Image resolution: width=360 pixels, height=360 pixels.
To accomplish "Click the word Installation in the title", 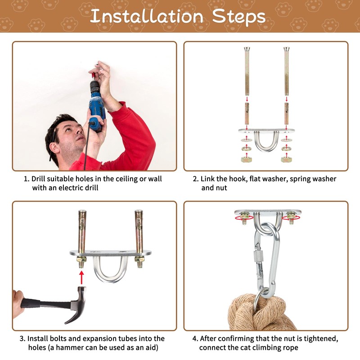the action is tap(147, 16).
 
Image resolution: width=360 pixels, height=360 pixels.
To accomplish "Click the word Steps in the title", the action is tap(239, 17).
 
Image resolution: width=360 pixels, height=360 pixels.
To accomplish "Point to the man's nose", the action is tap(79, 131).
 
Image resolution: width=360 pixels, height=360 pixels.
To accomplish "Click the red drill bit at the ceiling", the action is tap(94, 75).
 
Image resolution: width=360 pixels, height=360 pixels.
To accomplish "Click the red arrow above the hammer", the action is tap(81, 277).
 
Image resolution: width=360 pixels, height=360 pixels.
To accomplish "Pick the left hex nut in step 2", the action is tap(247, 159).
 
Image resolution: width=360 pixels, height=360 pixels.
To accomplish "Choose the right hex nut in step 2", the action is tap(286, 159).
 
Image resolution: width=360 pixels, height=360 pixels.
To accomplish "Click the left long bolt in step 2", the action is tap(247, 71).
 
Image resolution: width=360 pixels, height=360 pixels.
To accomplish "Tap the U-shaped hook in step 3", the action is tap(111, 269).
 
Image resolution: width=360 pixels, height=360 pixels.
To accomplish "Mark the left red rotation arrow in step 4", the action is tap(244, 218).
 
